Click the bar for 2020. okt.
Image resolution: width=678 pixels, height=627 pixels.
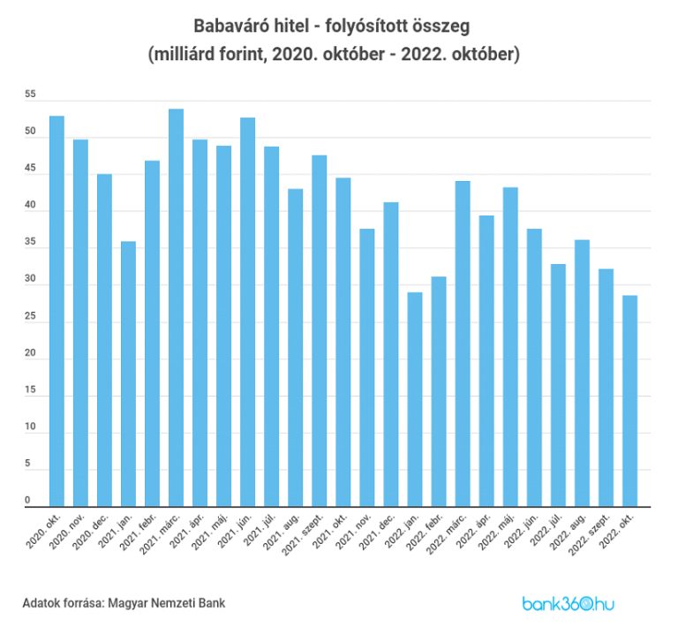pos(56,311)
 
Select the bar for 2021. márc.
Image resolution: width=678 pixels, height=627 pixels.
pos(176,307)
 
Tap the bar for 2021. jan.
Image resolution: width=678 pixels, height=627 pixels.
pos(128,374)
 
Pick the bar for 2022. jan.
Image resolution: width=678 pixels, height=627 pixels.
pos(414,399)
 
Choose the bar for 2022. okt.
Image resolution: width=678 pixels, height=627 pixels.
pos(629,401)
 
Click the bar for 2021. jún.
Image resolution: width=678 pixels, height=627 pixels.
pos(247,312)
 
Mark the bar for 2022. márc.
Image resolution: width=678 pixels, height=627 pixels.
pos(463,344)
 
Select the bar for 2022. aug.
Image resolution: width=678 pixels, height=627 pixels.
pos(582,373)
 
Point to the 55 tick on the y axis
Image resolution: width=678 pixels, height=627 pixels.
pos(30,94)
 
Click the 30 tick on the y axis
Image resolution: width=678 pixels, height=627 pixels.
pos(30,279)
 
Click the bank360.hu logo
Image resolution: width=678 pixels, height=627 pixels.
pos(568,604)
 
